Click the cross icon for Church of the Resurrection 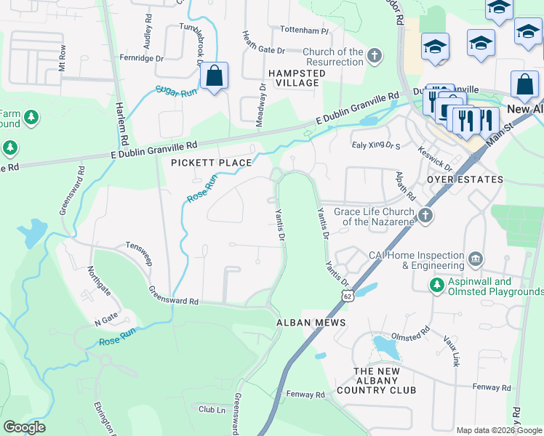[x=374, y=56]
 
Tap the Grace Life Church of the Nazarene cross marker [x=425, y=215]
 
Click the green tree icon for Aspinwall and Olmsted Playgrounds [x=436, y=286]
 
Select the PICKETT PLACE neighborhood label [x=211, y=163]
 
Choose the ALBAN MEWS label [x=311, y=322]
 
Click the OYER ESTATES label [x=465, y=179]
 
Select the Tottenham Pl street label [x=306, y=32]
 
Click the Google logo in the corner [x=24, y=427]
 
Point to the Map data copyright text [x=498, y=430]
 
